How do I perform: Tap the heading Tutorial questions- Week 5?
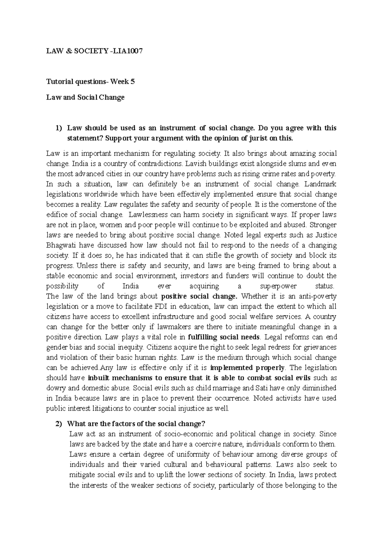pos(90,82)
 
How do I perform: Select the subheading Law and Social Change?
pos(85,97)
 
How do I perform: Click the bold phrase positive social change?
pos(199,297)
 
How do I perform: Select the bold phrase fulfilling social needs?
pos(224,337)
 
